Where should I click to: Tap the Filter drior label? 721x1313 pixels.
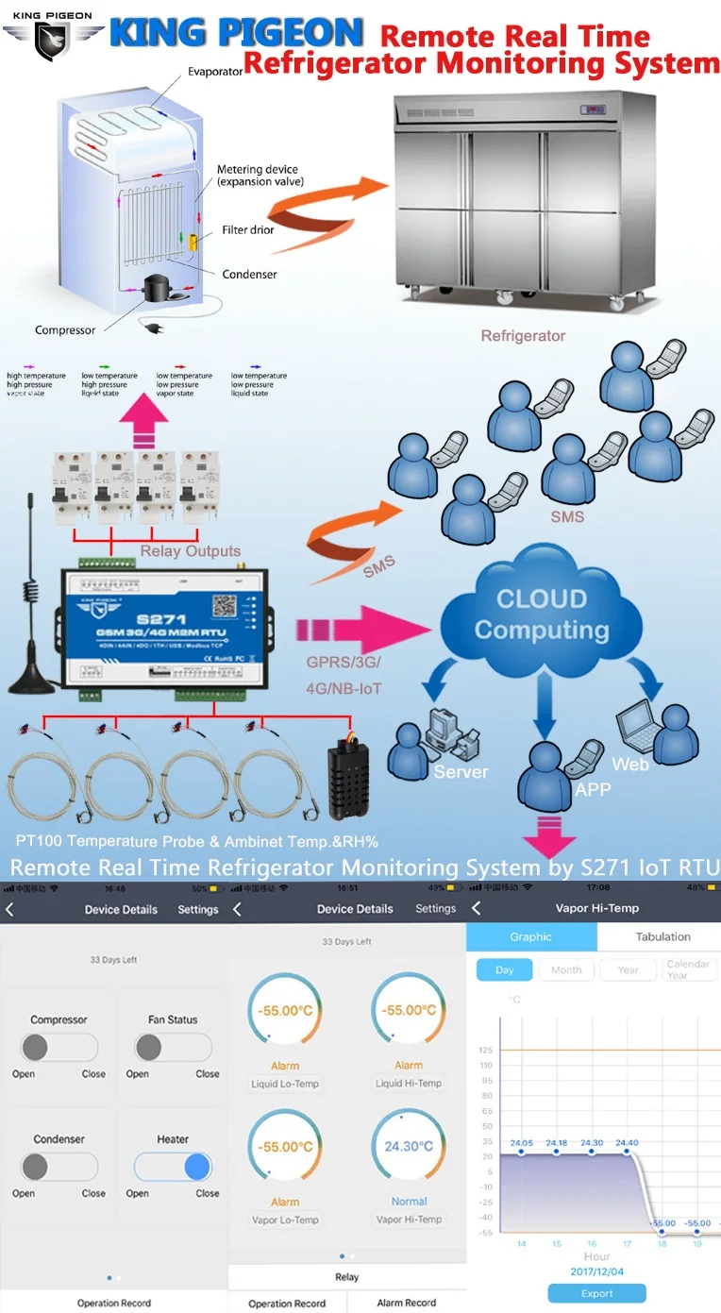point(248,229)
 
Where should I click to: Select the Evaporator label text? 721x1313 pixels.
point(215,72)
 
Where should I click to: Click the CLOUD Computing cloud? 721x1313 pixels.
point(541,614)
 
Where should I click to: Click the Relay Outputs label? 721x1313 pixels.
point(190,551)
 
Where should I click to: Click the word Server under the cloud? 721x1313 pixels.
point(461,771)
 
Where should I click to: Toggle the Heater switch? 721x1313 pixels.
point(173,1167)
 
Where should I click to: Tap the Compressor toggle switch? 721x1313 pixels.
point(59,1047)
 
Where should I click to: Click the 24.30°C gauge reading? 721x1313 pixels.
point(409,1146)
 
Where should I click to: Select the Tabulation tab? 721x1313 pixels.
point(662,936)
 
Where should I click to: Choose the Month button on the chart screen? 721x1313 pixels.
point(566,969)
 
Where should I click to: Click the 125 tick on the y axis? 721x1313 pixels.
point(486,1050)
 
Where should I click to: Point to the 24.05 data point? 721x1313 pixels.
point(521,1152)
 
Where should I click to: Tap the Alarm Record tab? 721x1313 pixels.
point(406,1303)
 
